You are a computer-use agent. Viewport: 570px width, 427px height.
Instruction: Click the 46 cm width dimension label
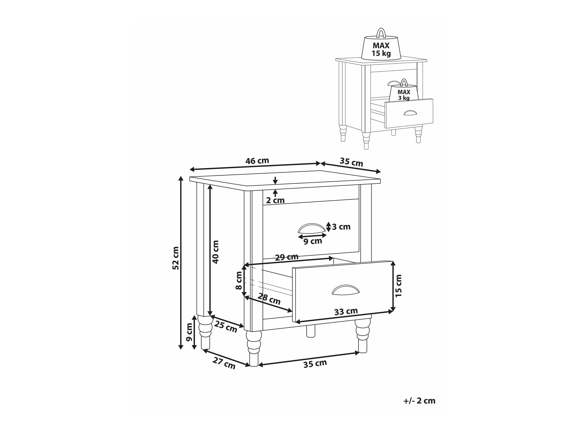[257, 161]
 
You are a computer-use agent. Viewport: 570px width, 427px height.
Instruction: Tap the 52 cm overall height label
[176, 258]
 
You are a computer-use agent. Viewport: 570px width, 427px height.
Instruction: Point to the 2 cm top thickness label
[275, 200]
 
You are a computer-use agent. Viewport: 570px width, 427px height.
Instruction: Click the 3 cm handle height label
[341, 227]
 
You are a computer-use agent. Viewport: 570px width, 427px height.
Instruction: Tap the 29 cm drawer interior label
[287, 257]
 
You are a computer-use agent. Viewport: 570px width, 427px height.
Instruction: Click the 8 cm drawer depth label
[239, 280]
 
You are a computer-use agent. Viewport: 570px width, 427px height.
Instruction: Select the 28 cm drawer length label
[269, 299]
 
